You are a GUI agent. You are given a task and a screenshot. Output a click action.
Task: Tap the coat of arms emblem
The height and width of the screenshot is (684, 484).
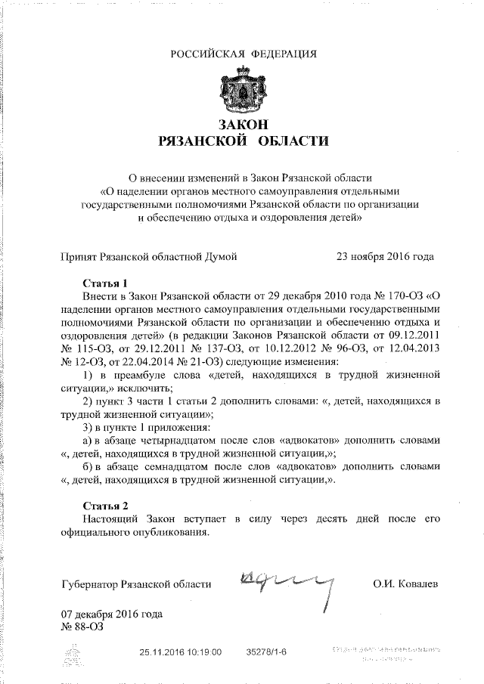(244, 91)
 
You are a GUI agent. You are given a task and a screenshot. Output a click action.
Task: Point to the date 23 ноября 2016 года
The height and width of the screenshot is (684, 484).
(385, 257)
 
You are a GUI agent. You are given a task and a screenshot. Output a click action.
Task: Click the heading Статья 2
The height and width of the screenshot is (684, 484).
(101, 505)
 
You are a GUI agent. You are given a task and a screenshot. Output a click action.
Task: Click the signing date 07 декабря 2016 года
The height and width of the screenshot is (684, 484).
(111, 614)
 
